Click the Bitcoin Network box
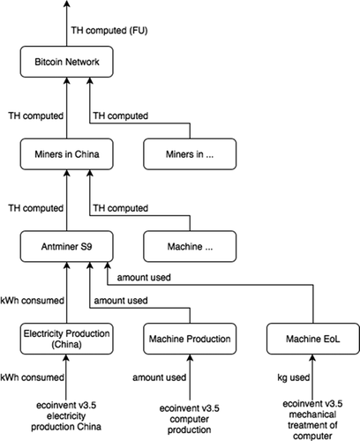[x=66, y=64]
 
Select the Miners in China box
[x=66, y=157]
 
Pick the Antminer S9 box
[x=66, y=248]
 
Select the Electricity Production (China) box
[x=66, y=340]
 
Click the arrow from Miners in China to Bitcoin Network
[x=66, y=109]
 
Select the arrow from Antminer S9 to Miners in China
[x=66, y=201]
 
